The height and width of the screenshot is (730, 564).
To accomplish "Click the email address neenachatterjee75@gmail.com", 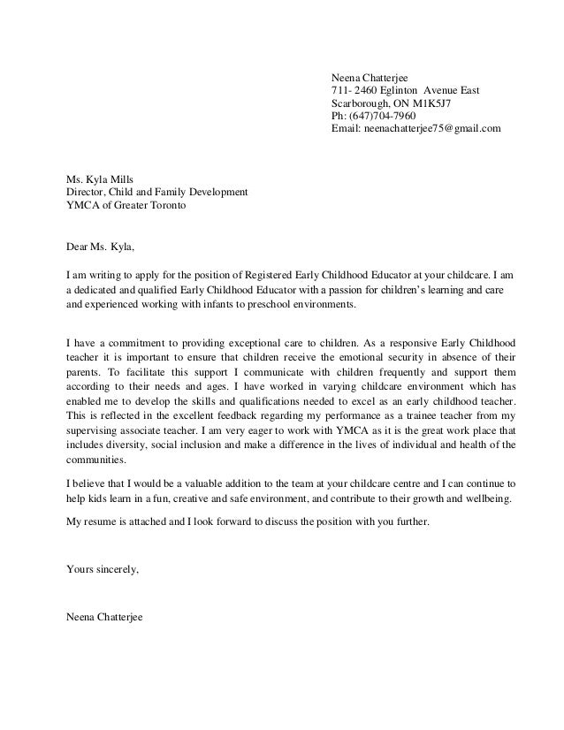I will pyautogui.click(x=433, y=128).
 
